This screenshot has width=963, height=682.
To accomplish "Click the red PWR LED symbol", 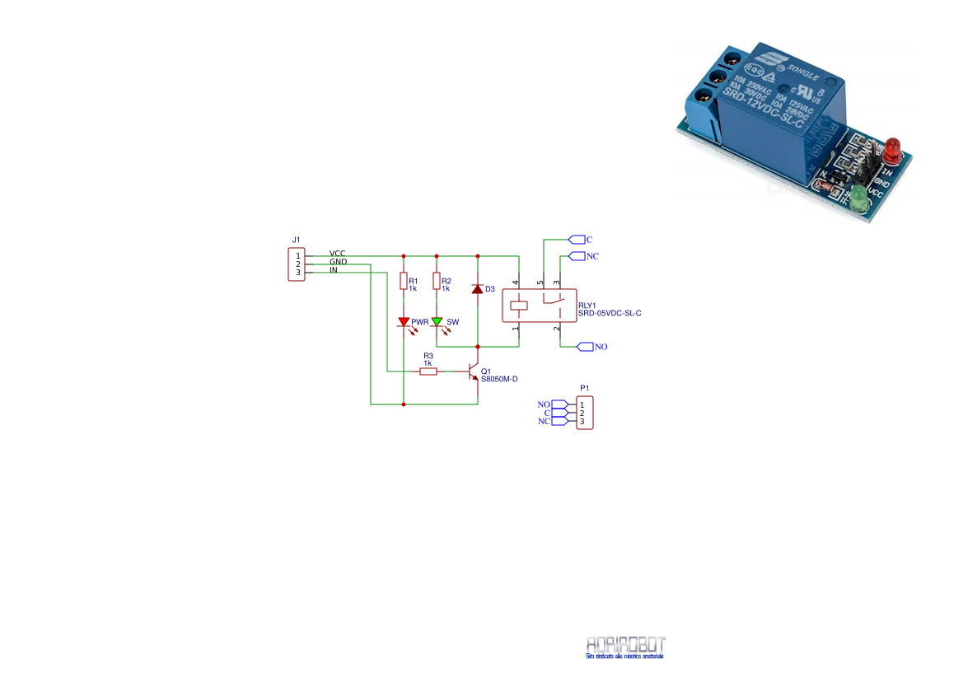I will coord(404,322).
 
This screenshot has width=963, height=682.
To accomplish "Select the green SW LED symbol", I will coord(437,322).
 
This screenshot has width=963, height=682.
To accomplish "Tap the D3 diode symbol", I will coord(478,289).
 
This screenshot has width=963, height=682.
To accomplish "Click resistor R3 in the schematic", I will coord(428,371).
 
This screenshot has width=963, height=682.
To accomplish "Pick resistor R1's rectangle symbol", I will coord(404,282).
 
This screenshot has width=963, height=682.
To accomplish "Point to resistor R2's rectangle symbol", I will coord(437,282).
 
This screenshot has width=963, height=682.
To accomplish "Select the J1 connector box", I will coord(297,264).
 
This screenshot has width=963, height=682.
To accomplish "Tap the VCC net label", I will coord(337,253).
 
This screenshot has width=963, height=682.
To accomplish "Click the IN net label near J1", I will coord(333,270).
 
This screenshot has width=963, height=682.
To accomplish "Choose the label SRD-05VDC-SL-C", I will coord(610,313).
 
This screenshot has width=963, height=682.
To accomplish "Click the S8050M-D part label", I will coord(499,379).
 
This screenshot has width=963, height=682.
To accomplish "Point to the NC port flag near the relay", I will coord(583,256).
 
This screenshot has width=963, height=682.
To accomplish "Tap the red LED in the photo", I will coord(893,151).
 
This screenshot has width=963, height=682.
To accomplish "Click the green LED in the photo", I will coord(859,198).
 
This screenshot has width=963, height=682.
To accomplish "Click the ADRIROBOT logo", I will coord(626,646).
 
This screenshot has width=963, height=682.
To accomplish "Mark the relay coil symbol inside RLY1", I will coord(519,305).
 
